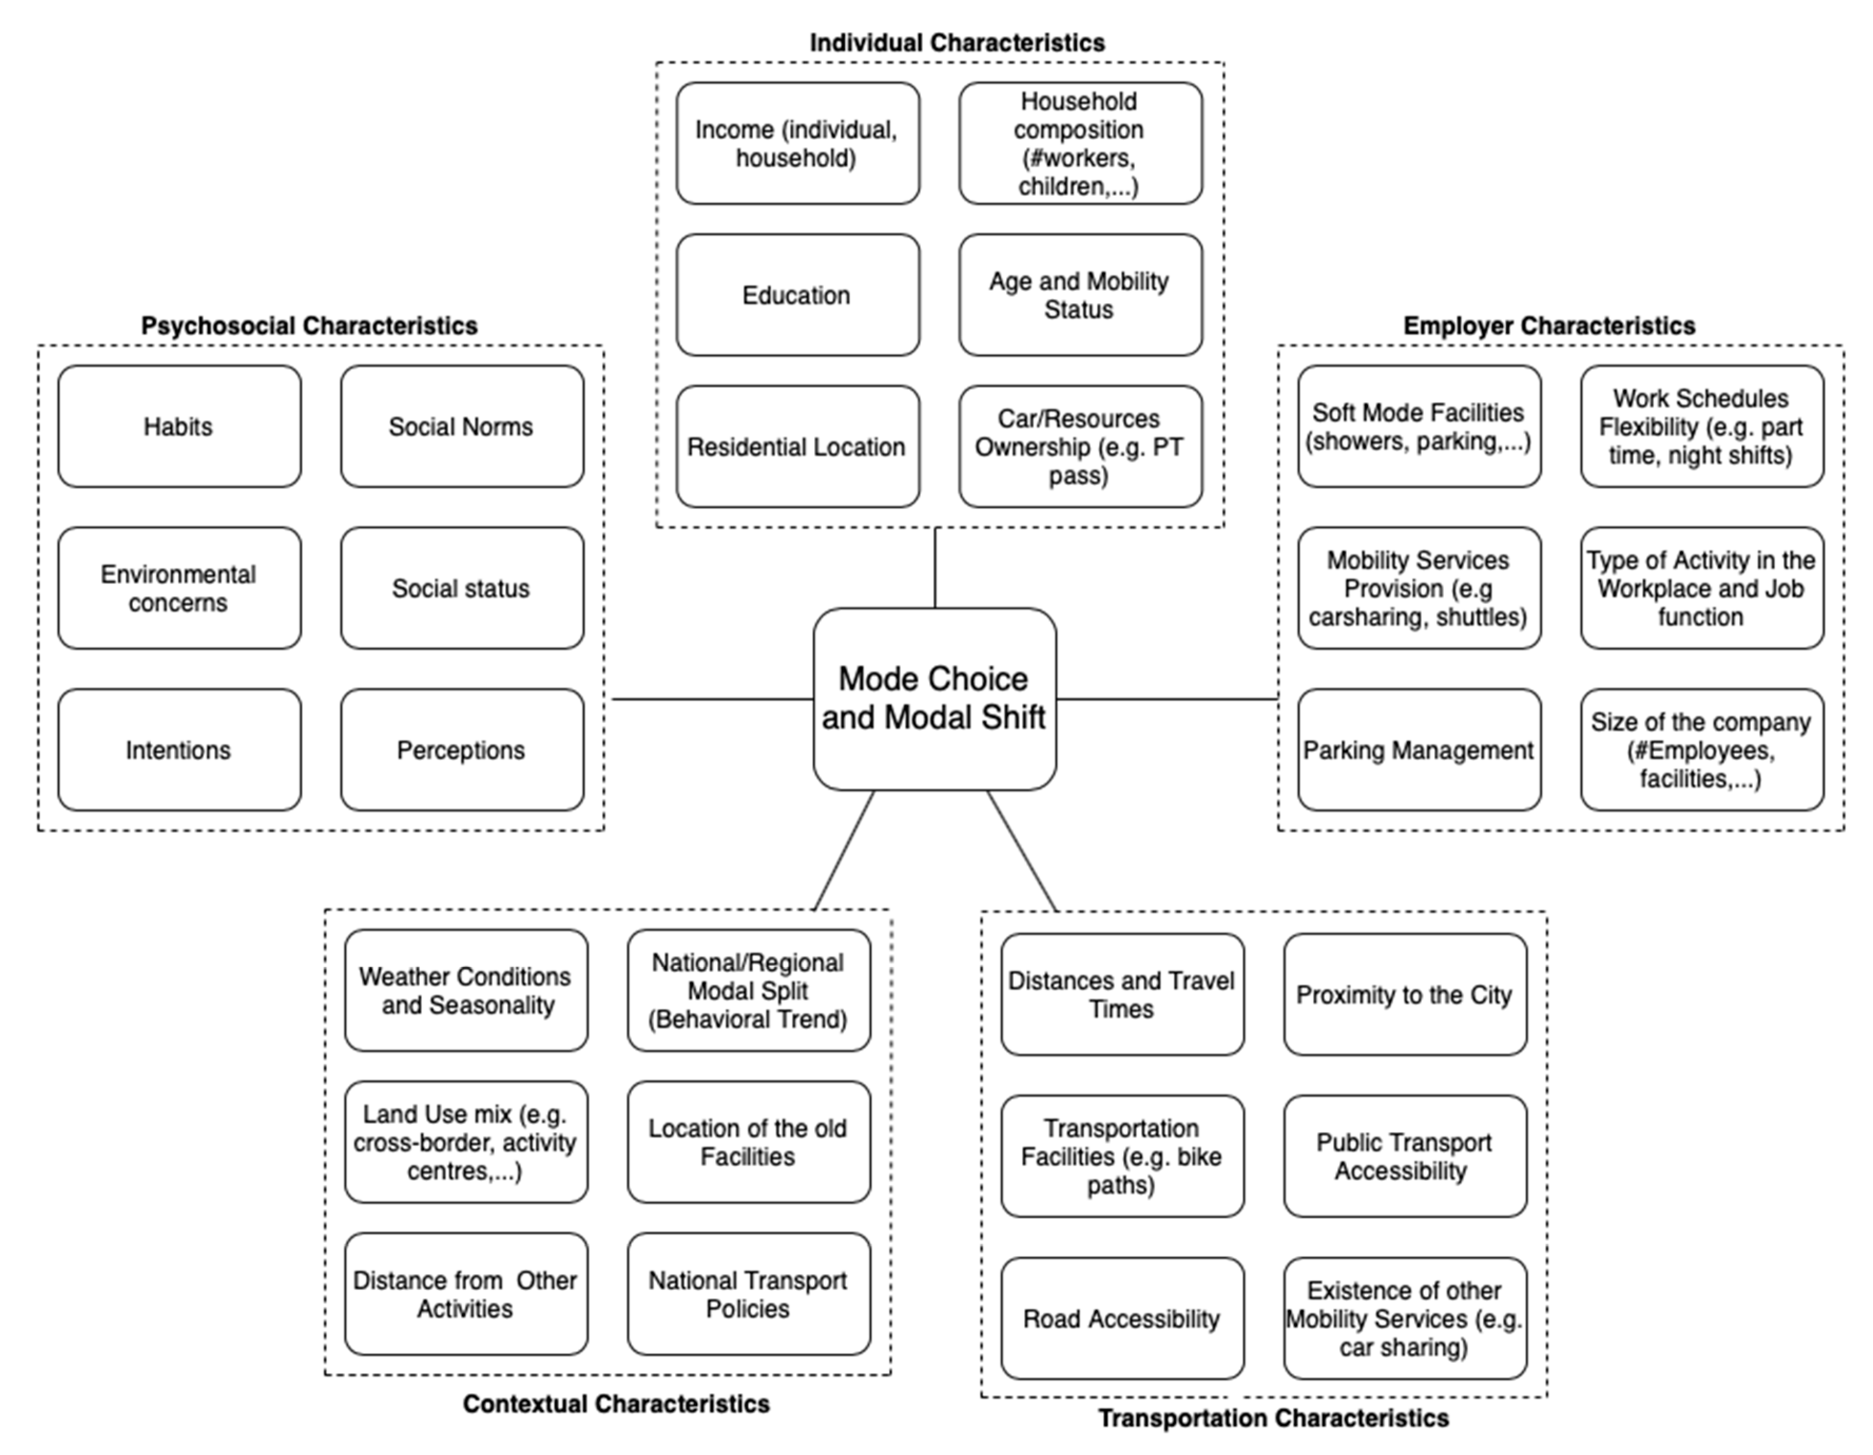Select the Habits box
179,426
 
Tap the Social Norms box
461,426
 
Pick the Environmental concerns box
179,588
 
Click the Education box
797,295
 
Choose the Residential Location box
797,447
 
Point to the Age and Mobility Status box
1080,295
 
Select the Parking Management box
1418,750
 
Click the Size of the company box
1702,750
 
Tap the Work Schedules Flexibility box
1702,426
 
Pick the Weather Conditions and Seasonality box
466,990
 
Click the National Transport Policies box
748,1294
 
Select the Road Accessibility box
1122,1318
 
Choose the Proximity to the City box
1405,995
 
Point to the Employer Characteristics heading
1549,326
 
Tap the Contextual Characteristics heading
616,1403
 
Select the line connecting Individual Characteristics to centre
935,568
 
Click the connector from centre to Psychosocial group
712,699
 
